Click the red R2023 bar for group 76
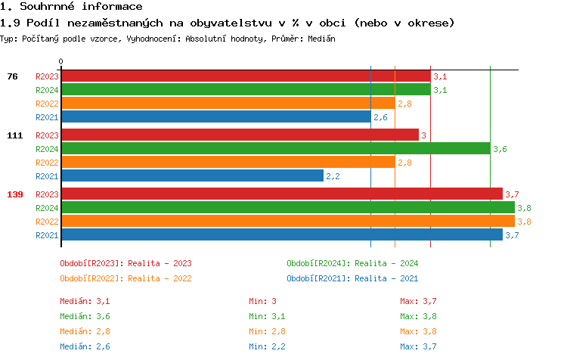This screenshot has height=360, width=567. pyautogui.click(x=245, y=76)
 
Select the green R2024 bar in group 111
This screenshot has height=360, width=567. pyautogui.click(x=275, y=149)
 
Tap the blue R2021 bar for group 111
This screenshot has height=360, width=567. pyautogui.click(x=192, y=176)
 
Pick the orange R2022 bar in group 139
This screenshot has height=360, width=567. pyautogui.click(x=287, y=222)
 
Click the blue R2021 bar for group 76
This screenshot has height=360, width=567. pyautogui.click(x=215, y=117)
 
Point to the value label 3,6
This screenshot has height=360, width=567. pyautogui.click(x=500, y=150)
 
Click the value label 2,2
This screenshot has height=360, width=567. pyautogui.click(x=333, y=177)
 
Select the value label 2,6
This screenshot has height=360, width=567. pyautogui.click(x=380, y=118)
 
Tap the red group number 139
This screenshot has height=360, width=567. pyautogui.click(x=15, y=194)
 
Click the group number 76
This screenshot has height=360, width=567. pyautogui.click(x=12, y=76)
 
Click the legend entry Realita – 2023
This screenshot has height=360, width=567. pyautogui.click(x=125, y=263)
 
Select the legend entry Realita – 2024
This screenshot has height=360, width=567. pyautogui.click(x=352, y=263)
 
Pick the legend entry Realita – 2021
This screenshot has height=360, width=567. pyautogui.click(x=352, y=278)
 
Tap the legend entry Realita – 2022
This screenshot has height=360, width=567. pyautogui.click(x=125, y=278)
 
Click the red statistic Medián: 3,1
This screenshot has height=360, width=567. pyautogui.click(x=85, y=301)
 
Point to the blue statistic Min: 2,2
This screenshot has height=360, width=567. pyautogui.click(x=267, y=346)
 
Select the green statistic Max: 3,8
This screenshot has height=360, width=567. pyautogui.click(x=418, y=316)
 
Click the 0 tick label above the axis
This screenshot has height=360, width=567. pyautogui.click(x=61, y=61)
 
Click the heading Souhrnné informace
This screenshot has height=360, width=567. pyautogui.click(x=71, y=7)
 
